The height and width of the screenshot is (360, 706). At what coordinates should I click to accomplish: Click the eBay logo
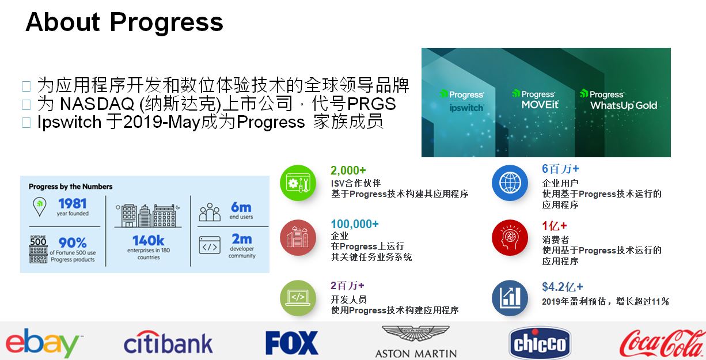(43, 343)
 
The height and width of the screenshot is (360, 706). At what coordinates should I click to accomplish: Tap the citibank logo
(168, 343)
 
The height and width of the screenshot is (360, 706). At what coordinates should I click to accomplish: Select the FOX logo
(292, 343)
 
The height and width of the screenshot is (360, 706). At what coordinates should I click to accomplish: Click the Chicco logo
(540, 343)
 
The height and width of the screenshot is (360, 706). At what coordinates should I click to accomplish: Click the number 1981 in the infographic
(73, 204)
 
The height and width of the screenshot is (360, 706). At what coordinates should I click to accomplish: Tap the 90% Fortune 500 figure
(73, 242)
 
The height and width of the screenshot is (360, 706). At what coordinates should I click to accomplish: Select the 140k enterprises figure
(148, 241)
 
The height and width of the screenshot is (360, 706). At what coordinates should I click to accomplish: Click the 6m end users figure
(241, 207)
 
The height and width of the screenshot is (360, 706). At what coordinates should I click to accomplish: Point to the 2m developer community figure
(242, 239)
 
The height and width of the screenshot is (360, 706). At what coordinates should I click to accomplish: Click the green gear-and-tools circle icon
(298, 183)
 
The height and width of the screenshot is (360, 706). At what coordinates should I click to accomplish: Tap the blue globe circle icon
(510, 183)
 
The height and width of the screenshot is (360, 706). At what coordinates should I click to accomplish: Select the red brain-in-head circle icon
(510, 237)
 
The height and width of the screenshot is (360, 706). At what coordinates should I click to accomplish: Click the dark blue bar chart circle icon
(510, 298)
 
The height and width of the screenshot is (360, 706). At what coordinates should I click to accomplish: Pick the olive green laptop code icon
(298, 298)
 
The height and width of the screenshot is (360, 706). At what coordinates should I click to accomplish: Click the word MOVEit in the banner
(540, 105)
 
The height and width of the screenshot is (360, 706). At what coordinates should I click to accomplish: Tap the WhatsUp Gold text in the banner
(624, 105)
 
